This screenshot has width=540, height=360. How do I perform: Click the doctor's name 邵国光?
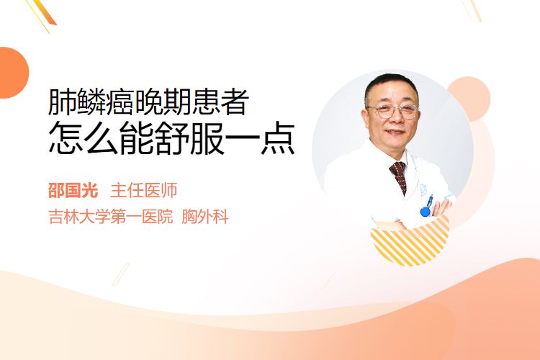73,191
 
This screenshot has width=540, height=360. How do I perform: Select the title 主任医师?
143,191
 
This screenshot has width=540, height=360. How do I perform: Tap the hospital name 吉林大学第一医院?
110,217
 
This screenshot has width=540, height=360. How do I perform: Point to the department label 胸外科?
205,217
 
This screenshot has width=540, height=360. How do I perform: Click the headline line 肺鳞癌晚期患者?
149,102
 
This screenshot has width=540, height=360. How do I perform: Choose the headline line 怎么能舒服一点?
172,138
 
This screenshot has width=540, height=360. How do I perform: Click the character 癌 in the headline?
120,102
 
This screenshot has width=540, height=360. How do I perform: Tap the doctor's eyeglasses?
393,111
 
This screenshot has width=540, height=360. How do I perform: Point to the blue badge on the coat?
426,208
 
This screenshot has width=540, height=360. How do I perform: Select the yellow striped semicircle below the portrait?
410,241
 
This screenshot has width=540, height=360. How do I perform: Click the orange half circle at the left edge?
13,73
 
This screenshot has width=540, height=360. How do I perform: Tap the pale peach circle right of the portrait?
474,97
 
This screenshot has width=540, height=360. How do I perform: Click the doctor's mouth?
395,132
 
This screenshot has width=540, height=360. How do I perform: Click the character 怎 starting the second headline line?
66,138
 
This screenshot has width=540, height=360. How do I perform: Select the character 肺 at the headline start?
63,102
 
